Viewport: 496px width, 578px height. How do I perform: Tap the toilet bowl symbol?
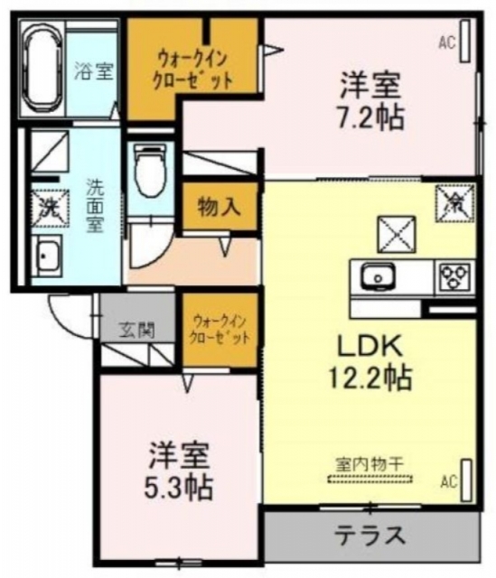[x=149, y=172]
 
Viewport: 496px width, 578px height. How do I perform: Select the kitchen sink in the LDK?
[x=379, y=276]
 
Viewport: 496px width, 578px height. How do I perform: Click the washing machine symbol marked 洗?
[x=50, y=207]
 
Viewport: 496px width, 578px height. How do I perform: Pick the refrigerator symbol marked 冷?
[x=454, y=203]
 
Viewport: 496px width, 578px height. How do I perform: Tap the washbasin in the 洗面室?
[x=47, y=256]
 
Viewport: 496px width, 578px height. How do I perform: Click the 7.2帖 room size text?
[x=370, y=117]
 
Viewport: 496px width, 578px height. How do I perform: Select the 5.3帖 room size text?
[x=179, y=488]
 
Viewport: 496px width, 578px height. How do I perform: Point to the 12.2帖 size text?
[x=370, y=378]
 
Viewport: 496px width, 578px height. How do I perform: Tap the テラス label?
[x=370, y=536]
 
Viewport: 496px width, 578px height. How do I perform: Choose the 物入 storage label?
[x=219, y=207]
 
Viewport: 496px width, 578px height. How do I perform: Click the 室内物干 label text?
[x=370, y=464]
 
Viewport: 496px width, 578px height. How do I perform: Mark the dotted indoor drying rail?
[x=370, y=480]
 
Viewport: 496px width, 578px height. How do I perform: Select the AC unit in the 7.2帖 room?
[x=465, y=41]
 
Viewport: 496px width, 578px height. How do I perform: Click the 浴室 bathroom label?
[x=94, y=70]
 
